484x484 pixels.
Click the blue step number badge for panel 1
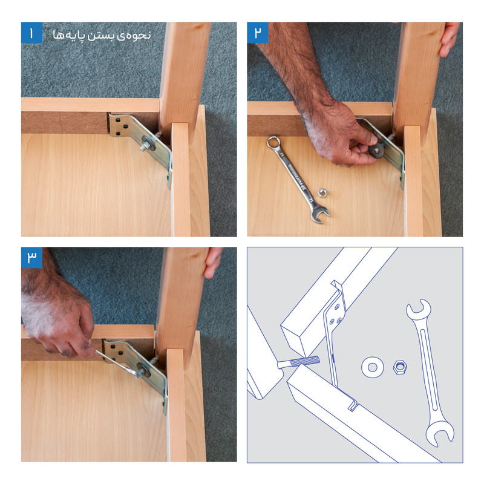click(31, 33)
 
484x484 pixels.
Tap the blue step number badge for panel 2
click(258, 33)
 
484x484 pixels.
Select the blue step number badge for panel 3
click(31, 258)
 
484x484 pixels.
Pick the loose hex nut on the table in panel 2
click(322, 192)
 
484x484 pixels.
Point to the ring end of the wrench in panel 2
click(274, 143)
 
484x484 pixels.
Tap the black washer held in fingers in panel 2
click(376, 149)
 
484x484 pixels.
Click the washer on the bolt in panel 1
click(149, 144)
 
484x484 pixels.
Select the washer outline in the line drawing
click(373, 367)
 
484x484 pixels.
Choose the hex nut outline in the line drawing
click(400, 367)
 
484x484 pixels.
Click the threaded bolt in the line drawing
click(298, 362)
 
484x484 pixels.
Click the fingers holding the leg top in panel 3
click(212, 263)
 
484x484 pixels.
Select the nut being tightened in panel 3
click(139, 374)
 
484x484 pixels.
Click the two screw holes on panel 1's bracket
click(122, 130)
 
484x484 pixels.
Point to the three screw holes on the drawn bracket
click(336, 315)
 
